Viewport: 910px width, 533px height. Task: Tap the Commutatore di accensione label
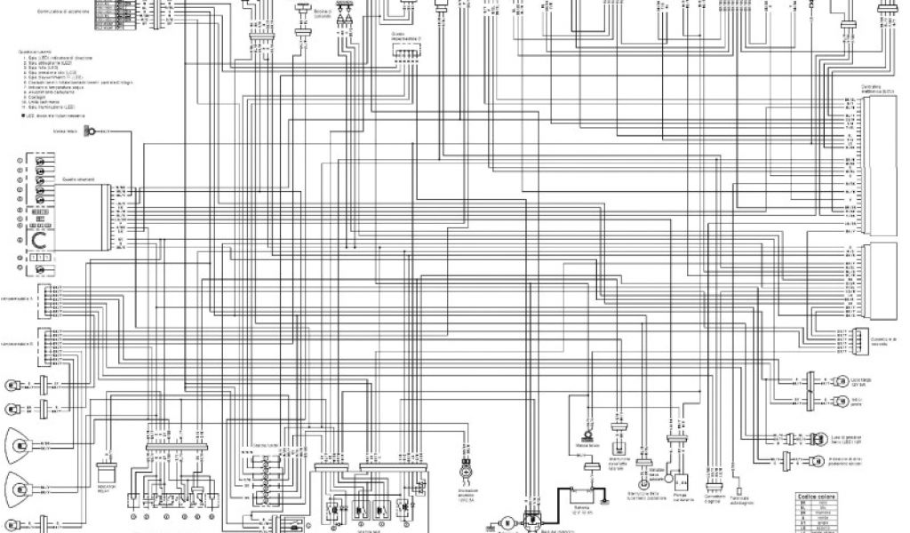click(63, 12)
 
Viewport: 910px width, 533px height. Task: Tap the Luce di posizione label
click(847, 438)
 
